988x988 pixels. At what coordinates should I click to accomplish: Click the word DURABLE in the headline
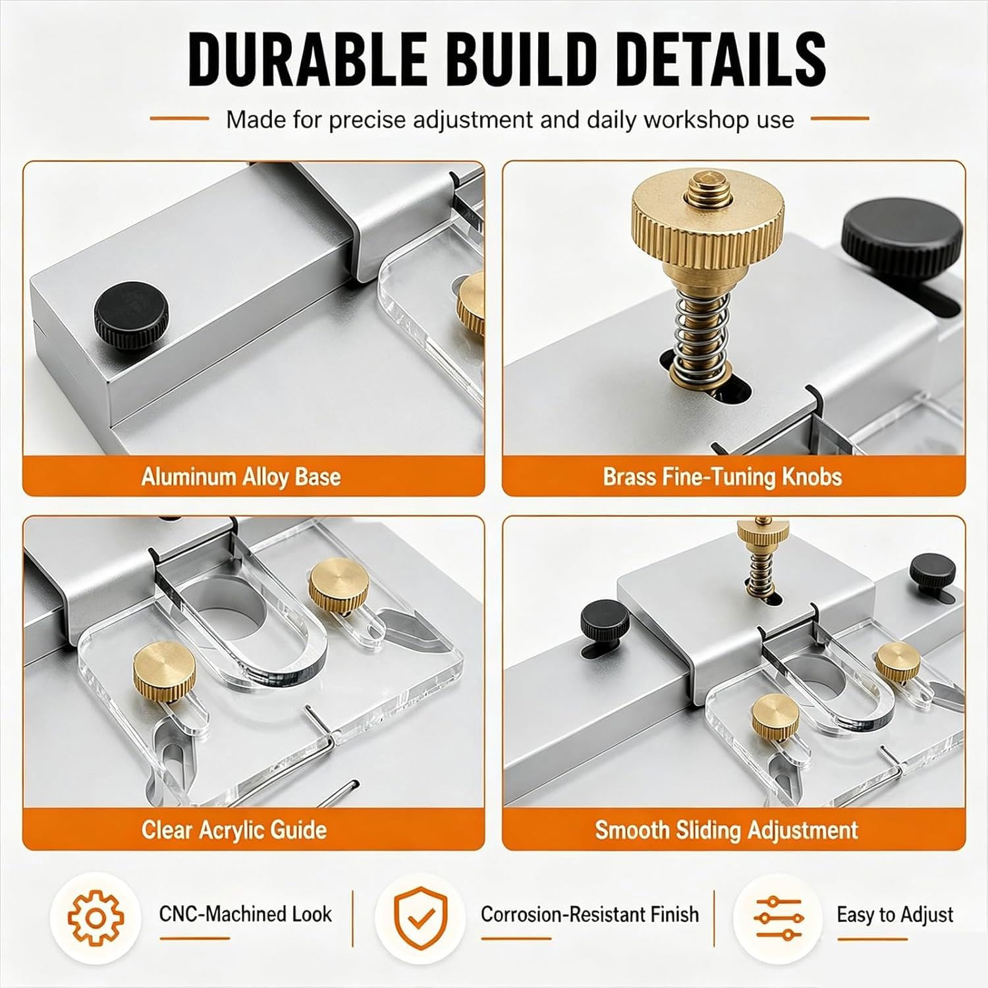pyautogui.click(x=308, y=58)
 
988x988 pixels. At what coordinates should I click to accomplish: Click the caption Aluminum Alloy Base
pyautogui.click(x=241, y=476)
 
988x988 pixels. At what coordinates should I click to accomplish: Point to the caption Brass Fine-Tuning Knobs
pyautogui.click(x=723, y=476)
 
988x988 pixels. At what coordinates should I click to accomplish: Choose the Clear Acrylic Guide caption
pyautogui.click(x=234, y=829)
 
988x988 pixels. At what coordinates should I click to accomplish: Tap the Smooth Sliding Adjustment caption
pyautogui.click(x=727, y=829)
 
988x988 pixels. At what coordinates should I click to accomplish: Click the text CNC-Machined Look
pyautogui.click(x=246, y=914)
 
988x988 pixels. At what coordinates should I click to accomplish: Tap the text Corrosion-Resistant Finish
pyautogui.click(x=590, y=914)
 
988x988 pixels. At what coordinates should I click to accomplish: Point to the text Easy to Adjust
pyautogui.click(x=895, y=915)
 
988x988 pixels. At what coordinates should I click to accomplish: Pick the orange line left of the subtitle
pyautogui.click(x=179, y=119)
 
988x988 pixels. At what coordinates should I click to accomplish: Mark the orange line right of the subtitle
pyautogui.click(x=840, y=119)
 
